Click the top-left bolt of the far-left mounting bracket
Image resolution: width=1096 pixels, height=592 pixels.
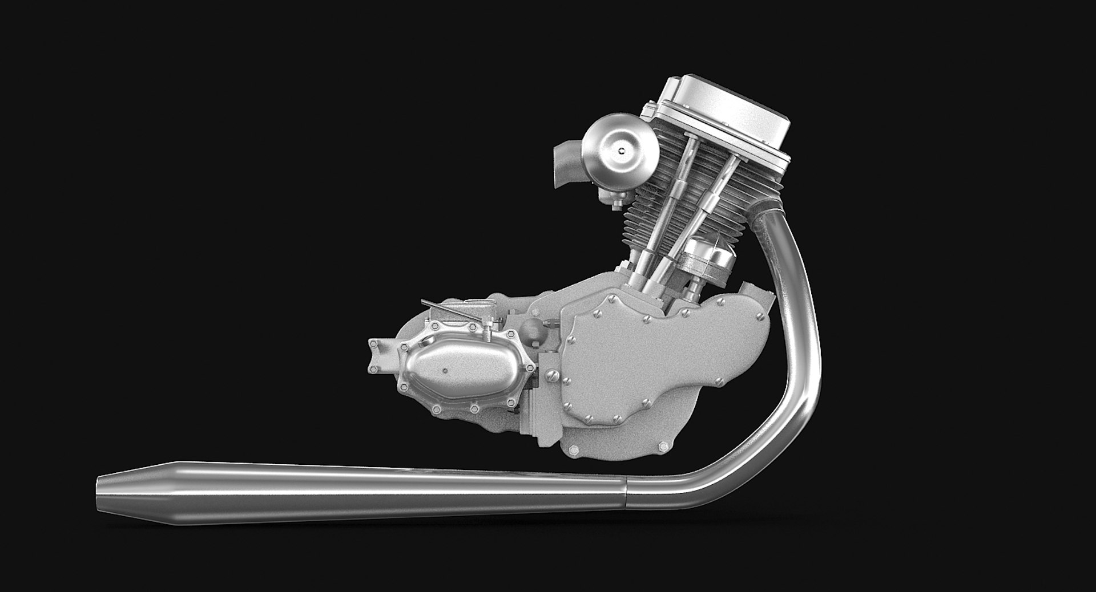pyautogui.click(x=374, y=343)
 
